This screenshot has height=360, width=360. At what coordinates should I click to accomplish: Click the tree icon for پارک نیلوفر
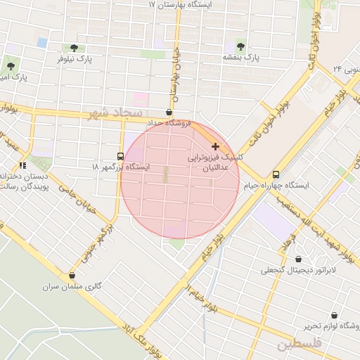point(74,48)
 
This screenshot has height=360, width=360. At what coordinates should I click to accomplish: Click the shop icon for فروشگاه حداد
point(169,112)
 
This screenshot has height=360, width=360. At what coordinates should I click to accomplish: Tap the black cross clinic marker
point(214,146)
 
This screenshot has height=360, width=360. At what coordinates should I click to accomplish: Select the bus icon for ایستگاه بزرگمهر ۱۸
point(120,156)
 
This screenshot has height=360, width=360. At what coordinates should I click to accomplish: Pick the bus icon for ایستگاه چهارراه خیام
point(276,174)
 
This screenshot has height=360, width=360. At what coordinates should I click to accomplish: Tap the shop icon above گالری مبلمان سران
point(72,276)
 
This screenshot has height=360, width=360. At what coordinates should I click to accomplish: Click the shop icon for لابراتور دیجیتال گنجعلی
point(300,259)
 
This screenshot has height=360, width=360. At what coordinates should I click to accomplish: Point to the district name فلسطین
point(299,344)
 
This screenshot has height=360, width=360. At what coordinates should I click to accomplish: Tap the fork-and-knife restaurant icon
point(22,165)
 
